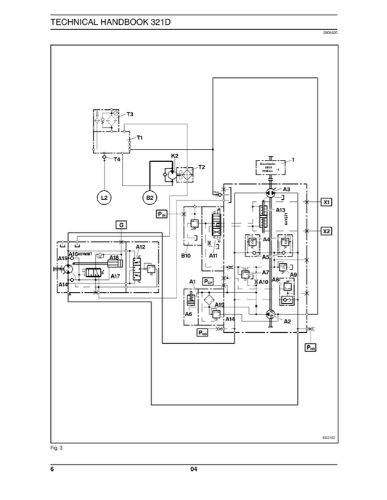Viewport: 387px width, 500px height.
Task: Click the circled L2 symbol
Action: pyautogui.click(x=104, y=197)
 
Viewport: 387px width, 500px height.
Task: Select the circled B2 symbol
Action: pyautogui.click(x=150, y=197)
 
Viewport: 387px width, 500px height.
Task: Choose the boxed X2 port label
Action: pyautogui.click(x=327, y=230)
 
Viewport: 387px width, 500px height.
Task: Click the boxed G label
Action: pyautogui.click(x=121, y=225)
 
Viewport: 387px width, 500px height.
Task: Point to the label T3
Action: pyautogui.click(x=130, y=115)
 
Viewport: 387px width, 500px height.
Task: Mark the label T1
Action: pyautogui.click(x=139, y=137)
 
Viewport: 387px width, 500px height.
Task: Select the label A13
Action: pyautogui.click(x=281, y=210)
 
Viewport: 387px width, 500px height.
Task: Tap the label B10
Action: pyautogui.click(x=186, y=256)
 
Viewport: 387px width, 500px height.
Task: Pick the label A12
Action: pyautogui.click(x=141, y=248)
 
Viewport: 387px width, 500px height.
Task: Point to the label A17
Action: pyautogui.click(x=115, y=277)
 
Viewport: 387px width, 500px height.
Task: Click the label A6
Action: pyautogui.click(x=188, y=314)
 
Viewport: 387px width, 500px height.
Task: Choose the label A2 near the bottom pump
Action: pyautogui.click(x=288, y=321)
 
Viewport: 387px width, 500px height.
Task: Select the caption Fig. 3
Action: pyautogui.click(x=57, y=448)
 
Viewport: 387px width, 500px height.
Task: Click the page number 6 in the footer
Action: pyautogui.click(x=52, y=470)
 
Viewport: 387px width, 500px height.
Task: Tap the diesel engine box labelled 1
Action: pyautogui.click(x=270, y=166)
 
